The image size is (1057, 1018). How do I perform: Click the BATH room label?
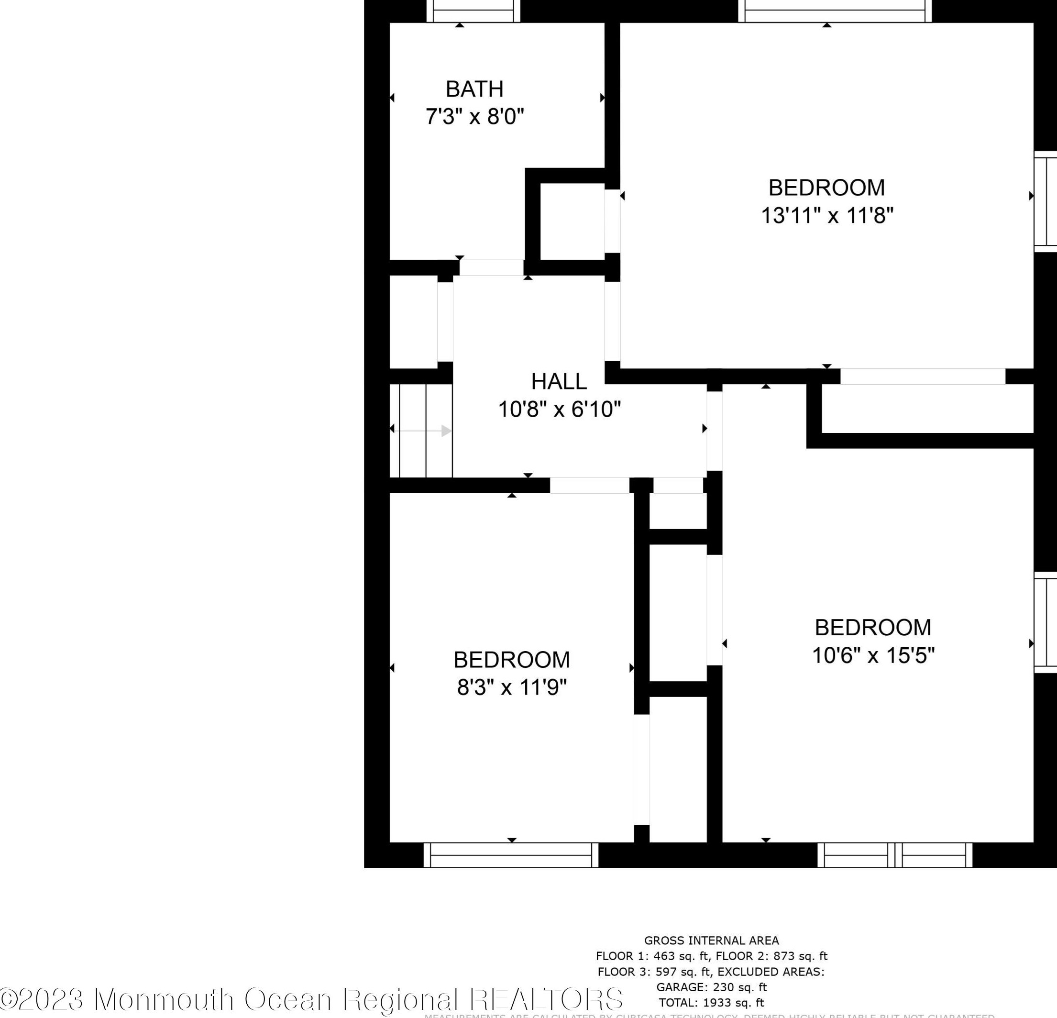[x=474, y=89]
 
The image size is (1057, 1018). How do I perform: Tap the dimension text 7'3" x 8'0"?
[x=474, y=117]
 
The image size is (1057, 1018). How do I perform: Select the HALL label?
[x=559, y=382]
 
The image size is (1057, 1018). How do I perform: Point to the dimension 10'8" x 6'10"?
[x=559, y=409]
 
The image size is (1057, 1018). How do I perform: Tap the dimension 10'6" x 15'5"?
[x=872, y=655]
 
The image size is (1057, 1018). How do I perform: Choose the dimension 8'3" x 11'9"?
[x=512, y=688]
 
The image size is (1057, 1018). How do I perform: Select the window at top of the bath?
[x=473, y=12]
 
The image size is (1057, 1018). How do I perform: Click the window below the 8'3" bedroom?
[x=511, y=855]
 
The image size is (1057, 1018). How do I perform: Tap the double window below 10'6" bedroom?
[x=895, y=855]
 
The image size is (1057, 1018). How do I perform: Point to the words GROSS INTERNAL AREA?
[x=711, y=941]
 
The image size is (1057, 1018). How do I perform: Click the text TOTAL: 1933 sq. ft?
[x=711, y=1003]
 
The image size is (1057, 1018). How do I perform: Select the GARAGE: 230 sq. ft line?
[x=711, y=987]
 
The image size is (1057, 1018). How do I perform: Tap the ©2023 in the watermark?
[x=43, y=1000]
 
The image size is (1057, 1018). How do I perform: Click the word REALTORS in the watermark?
[x=546, y=1000]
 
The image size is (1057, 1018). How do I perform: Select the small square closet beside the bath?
[x=572, y=221]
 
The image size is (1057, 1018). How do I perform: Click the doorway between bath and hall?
[x=491, y=267]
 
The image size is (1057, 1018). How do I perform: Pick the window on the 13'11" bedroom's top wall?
[x=834, y=12]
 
